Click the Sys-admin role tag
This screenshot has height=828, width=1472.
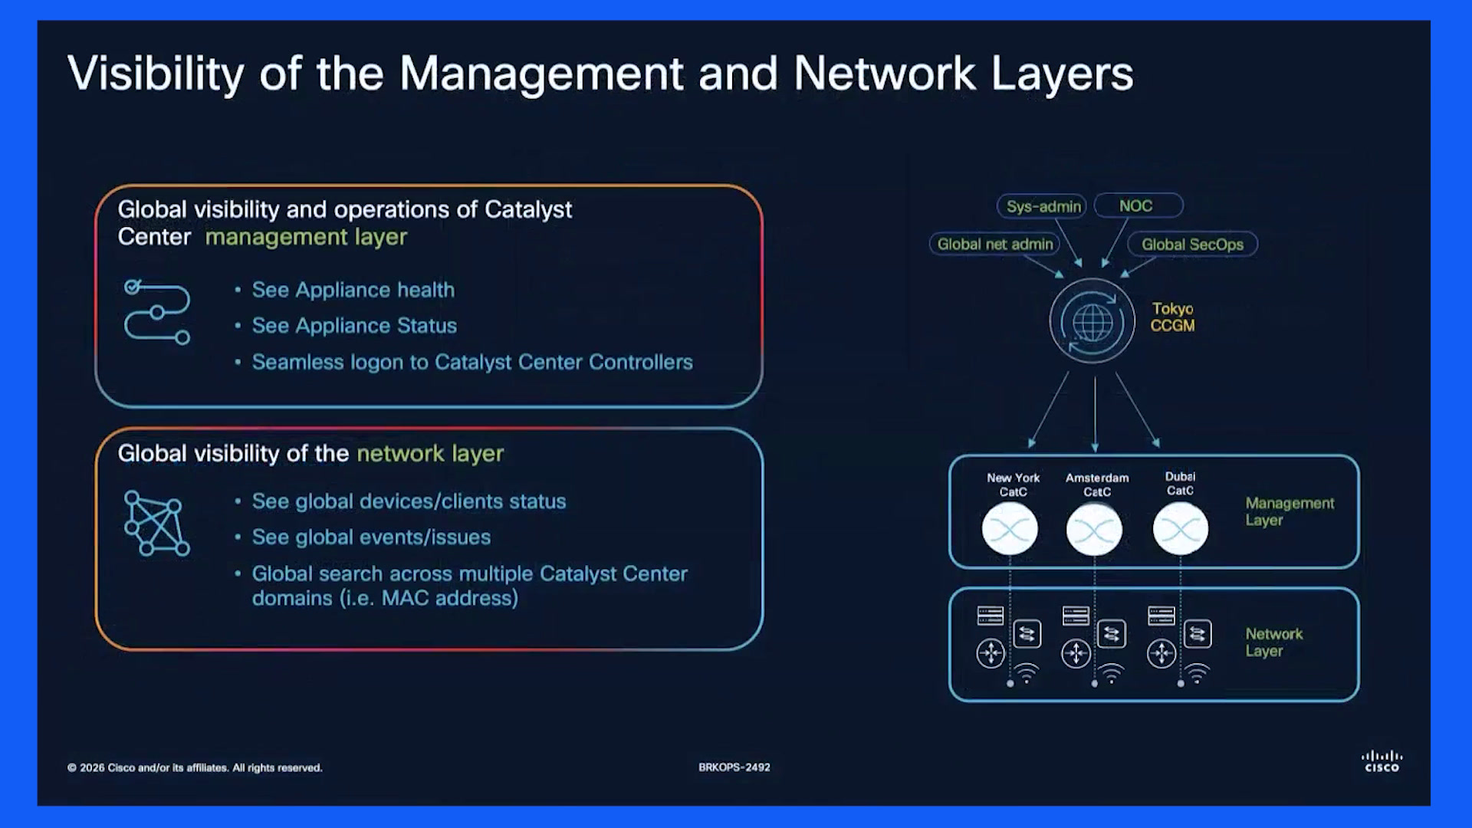point(1042,206)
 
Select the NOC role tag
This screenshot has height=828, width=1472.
point(1138,205)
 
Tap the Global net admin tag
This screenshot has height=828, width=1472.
point(994,245)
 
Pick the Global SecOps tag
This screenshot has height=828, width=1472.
point(1192,245)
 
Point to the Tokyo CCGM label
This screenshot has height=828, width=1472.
point(1172,317)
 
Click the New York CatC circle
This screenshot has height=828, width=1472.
point(1010,529)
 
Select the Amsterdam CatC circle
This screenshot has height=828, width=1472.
point(1094,529)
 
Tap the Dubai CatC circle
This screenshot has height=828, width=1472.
point(1181,529)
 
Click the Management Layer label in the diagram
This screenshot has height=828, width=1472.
point(1290,511)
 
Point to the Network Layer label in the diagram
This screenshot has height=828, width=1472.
point(1273,642)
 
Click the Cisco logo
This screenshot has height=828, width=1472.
point(1382,761)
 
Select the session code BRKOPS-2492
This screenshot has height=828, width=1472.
point(734,767)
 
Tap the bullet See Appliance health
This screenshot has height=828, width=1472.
point(353,290)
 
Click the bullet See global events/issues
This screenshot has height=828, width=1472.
point(371,537)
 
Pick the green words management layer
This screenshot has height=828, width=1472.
point(306,238)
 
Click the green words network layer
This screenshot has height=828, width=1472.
point(430,454)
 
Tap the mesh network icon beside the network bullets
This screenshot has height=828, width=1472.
point(156,524)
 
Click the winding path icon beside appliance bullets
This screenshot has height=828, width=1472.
point(156,312)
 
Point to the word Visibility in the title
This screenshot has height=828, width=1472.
point(156,74)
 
